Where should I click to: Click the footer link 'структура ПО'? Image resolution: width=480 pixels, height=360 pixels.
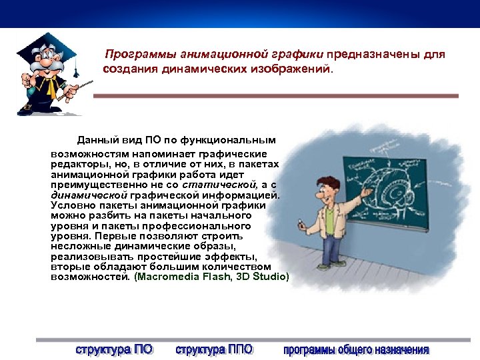pyautogui.click(x=114, y=349)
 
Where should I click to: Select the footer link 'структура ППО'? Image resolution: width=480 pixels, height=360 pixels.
pyautogui.click(x=214, y=349)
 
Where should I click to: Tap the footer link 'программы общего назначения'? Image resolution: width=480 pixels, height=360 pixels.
pyautogui.click(x=356, y=349)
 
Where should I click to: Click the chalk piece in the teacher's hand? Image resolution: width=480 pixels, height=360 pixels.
pyautogui.click(x=302, y=223)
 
